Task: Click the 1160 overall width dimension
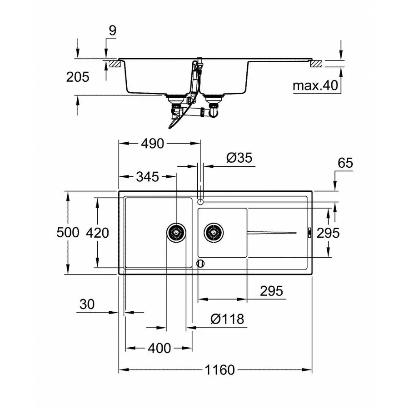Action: click(x=216, y=370)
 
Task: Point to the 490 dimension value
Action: click(x=151, y=144)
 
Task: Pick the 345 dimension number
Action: click(x=146, y=176)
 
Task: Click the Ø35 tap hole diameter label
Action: click(x=239, y=158)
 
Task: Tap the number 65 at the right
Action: click(x=345, y=163)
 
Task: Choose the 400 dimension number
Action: click(x=160, y=348)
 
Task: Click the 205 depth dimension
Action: click(x=78, y=77)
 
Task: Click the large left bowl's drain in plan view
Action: click(x=175, y=233)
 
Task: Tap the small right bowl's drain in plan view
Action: click(x=213, y=233)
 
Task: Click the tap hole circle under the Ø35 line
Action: click(x=200, y=201)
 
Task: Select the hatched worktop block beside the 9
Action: click(x=113, y=64)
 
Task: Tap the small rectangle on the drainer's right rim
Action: click(x=309, y=233)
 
